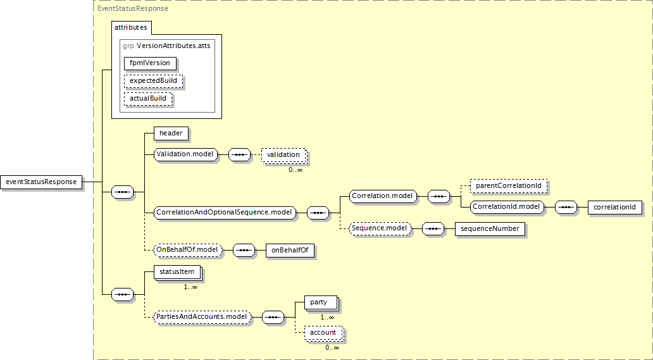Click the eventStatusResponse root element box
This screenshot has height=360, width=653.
[42, 182]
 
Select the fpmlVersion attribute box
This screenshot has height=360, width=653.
[150, 63]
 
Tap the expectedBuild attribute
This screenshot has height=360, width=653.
[154, 80]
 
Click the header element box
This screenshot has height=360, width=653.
[171, 133]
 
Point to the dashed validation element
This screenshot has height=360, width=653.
[283, 154]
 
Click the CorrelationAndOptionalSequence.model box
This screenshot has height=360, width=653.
[225, 213]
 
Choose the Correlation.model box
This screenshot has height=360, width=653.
[382, 196]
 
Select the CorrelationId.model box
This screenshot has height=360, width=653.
[507, 207]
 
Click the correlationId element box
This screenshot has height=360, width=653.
[615, 207]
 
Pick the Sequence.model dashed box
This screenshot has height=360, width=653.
[379, 228]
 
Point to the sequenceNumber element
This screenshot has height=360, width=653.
[490, 229]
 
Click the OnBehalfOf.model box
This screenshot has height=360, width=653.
[188, 250]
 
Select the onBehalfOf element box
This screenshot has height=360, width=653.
[290, 250]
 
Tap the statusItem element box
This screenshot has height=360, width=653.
[177, 272]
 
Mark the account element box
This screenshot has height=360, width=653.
[323, 333]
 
